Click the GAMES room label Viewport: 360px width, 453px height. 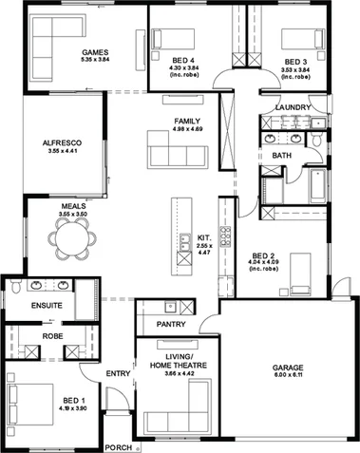pos(95,51)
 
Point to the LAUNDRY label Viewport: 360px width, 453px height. pos(290,107)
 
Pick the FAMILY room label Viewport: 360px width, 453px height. pos(186,121)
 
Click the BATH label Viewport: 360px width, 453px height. pos(282,155)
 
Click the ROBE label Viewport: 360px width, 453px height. pos(52,336)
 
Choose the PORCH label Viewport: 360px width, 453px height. pos(117,446)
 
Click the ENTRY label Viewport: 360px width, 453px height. pos(118,373)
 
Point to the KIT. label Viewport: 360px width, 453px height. pos(204,236)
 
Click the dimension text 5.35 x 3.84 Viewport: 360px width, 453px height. pos(95,61)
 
